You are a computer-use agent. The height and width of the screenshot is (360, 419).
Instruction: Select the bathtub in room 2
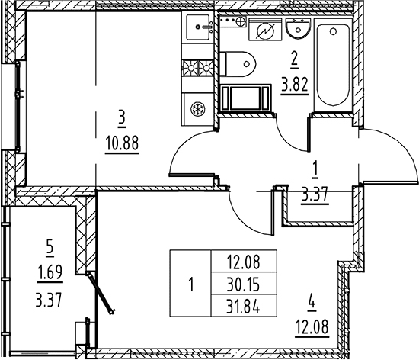(x=333, y=65)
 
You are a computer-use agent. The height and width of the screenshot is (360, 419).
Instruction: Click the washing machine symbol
(x=265, y=30)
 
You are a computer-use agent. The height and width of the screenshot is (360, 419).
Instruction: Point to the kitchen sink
(x=198, y=27)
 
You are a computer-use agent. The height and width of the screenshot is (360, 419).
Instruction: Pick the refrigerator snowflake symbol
(x=198, y=108)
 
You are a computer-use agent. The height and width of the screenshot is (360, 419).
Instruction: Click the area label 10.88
(x=122, y=143)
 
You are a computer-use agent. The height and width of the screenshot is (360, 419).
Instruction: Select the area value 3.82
(x=295, y=85)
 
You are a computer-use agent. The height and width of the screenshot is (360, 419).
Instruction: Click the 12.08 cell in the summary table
(x=244, y=262)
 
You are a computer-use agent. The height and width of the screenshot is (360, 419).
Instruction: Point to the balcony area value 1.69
(x=50, y=272)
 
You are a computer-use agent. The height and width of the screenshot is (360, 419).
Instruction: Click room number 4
(x=312, y=304)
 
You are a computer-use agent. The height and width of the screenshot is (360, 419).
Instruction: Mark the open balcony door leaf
(x=101, y=293)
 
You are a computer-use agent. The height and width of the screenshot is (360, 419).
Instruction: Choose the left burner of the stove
(x=190, y=68)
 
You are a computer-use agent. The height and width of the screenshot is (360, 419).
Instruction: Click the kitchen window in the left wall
(x=18, y=107)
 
